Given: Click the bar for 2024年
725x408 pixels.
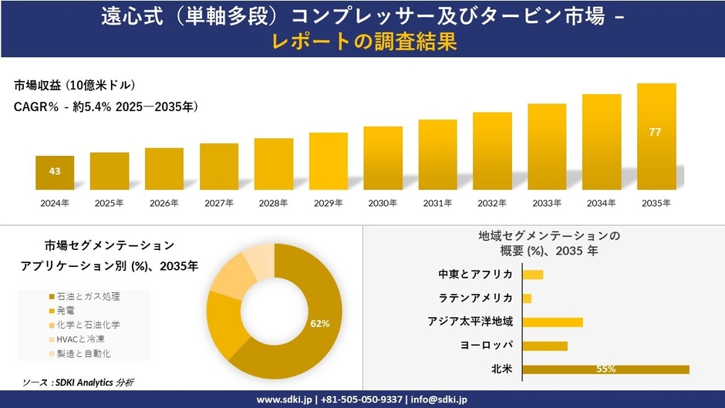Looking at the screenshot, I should click(x=55, y=172).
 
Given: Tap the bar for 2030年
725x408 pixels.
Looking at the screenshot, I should click(x=383, y=158).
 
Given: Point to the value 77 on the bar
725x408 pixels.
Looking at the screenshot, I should click(x=656, y=133).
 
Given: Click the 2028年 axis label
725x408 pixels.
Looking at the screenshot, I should click(x=274, y=203).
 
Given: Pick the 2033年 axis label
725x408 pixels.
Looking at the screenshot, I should click(x=547, y=203).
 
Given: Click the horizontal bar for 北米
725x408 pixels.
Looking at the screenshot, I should click(x=605, y=369).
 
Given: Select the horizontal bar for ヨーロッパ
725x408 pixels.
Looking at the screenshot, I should click(x=545, y=346).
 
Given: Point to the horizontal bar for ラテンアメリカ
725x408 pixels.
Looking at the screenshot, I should click(x=527, y=298).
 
